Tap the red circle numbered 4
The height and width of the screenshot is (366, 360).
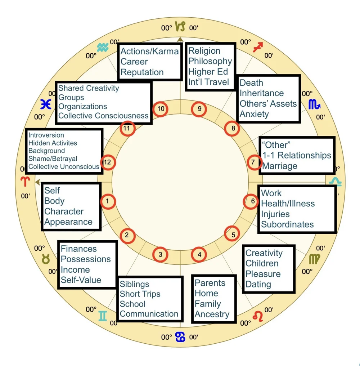(199, 255)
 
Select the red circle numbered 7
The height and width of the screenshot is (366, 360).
(253, 162)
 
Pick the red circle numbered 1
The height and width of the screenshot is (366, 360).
(108, 201)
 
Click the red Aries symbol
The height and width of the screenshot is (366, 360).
(25, 182)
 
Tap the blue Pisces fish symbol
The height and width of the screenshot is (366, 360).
(46, 104)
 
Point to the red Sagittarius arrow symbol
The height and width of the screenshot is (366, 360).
(257, 47)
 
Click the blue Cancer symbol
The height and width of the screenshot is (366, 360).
(180, 337)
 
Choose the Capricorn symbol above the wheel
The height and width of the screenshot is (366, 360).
(180, 26)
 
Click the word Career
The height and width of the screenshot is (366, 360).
(134, 62)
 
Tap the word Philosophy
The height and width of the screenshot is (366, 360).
(210, 61)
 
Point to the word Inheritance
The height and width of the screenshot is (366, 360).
(262, 93)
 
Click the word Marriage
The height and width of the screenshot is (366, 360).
(280, 166)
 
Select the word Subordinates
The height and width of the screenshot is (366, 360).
(287, 224)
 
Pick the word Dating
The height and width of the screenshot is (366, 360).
(258, 284)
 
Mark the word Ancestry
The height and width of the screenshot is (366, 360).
(212, 314)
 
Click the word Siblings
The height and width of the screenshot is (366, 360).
(134, 284)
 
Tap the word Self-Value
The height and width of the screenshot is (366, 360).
(81, 280)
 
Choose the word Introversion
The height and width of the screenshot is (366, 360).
(46, 135)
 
